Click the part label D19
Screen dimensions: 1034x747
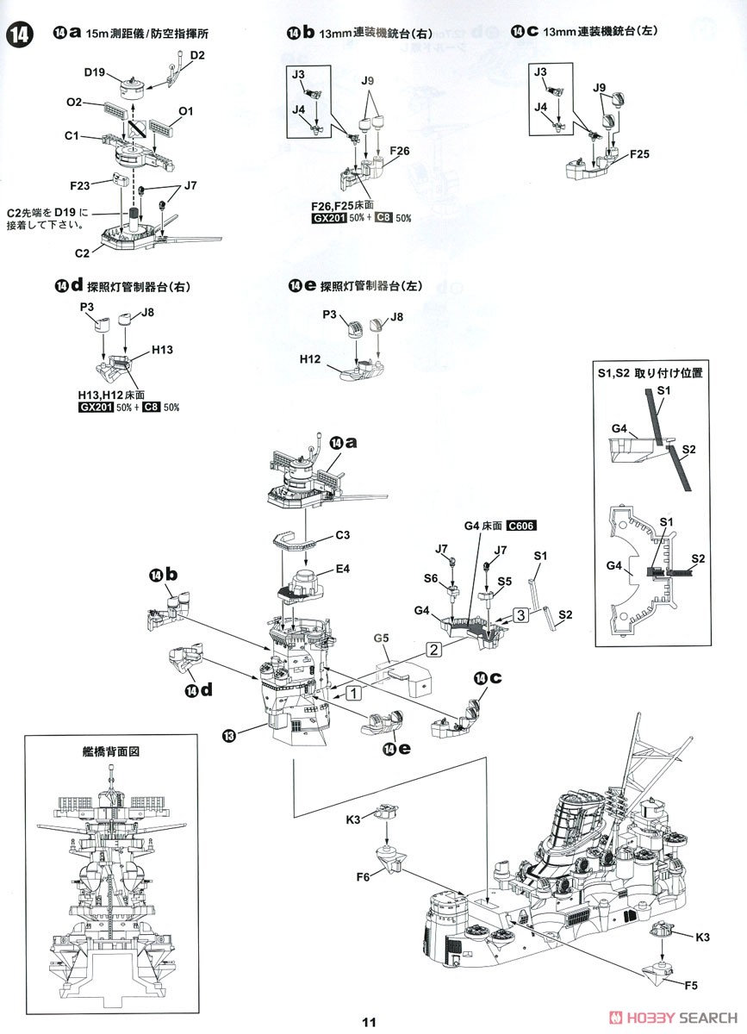pyautogui.click(x=94, y=74)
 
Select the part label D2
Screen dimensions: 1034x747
pyautogui.click(x=197, y=55)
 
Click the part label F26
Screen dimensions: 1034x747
pyautogui.click(x=399, y=151)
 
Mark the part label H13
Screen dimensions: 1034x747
pyautogui.click(x=162, y=350)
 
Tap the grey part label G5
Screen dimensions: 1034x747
pyautogui.click(x=382, y=638)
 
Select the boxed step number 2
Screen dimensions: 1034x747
pyautogui.click(x=433, y=649)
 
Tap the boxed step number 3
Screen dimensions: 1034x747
pyautogui.click(x=519, y=614)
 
